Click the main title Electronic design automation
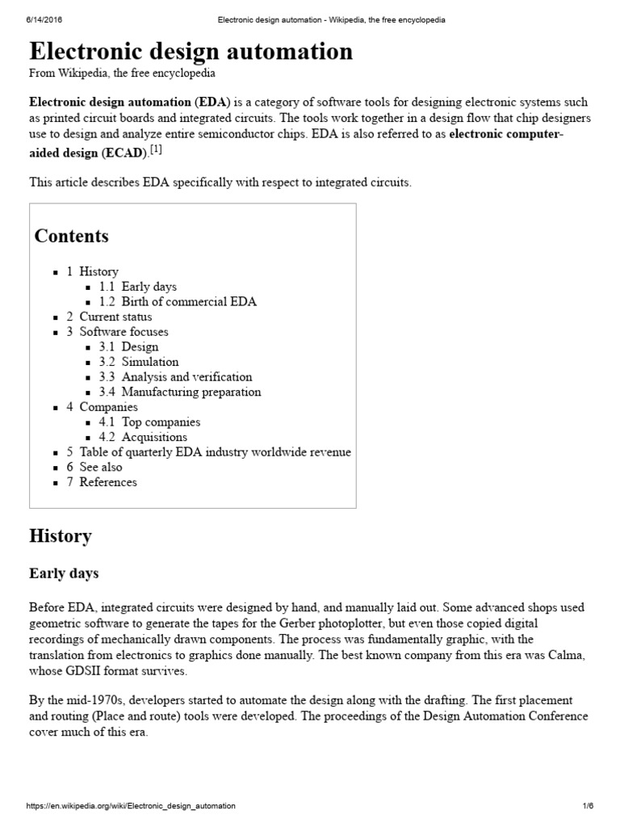pos(191,52)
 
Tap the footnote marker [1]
pos(157,150)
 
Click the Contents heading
pos(71,237)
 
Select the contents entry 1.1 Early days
pos(138,287)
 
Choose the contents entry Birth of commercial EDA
pos(178,302)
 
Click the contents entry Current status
pos(115,317)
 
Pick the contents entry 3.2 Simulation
pos(139,362)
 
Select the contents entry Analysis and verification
pos(186,377)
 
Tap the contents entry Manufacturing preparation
pos(191,393)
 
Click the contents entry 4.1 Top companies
pos(149,422)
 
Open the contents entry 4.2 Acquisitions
pos(143,437)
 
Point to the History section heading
pos(61,535)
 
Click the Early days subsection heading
pos(64,574)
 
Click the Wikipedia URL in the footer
pos(131,806)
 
